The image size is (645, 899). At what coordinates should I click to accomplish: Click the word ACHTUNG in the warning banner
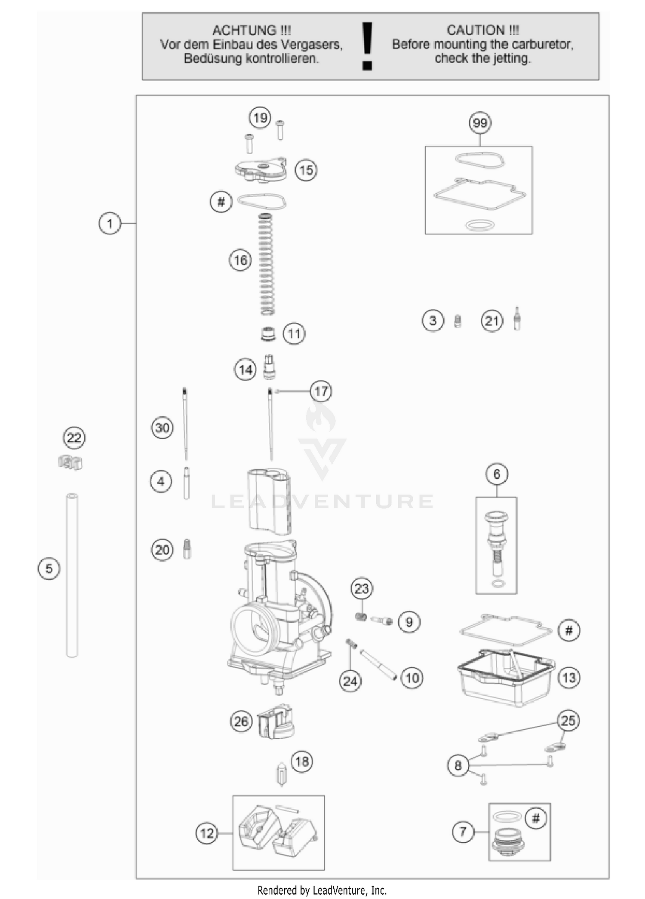tap(246, 31)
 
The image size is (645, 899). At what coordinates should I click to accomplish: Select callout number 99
tap(480, 123)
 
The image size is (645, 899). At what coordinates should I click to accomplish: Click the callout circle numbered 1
tap(110, 223)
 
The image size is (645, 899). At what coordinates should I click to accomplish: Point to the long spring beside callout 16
tap(267, 264)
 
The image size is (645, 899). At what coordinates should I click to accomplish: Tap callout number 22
tap(74, 438)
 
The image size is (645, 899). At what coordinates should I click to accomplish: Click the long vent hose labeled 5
tap(72, 576)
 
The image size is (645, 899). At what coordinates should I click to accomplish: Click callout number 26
tap(241, 721)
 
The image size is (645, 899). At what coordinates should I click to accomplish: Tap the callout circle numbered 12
tap(207, 834)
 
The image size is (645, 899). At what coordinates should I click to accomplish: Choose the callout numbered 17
tap(321, 391)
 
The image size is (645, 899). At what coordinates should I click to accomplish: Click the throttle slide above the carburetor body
tap(270, 501)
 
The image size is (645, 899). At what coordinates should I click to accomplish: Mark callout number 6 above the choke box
tap(497, 474)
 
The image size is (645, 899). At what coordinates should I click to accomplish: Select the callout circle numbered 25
tap(568, 720)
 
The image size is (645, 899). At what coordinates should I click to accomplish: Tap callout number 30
tap(162, 428)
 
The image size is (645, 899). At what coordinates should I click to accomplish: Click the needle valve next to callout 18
tap(281, 774)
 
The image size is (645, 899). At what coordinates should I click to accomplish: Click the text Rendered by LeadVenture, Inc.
tap(322, 890)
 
